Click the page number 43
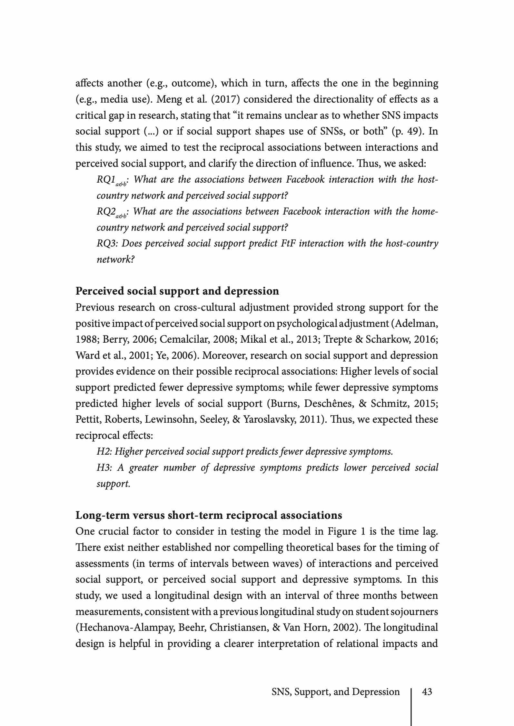(427, 692)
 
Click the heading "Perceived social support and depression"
(177, 291)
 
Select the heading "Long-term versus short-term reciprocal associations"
(209, 515)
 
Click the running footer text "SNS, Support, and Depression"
(335, 692)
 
